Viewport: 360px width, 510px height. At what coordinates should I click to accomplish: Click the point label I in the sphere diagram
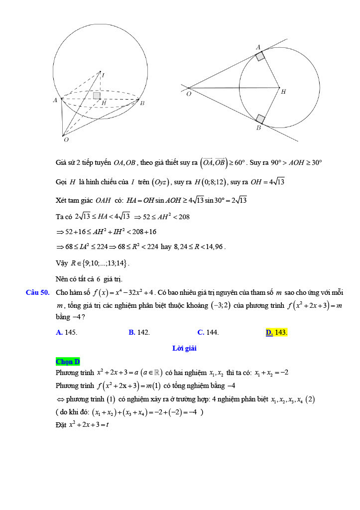[103, 75]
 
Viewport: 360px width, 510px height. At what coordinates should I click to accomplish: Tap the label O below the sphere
[66, 140]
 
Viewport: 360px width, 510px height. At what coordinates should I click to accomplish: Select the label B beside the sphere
[142, 103]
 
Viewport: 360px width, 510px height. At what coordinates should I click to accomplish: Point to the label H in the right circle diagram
[283, 91]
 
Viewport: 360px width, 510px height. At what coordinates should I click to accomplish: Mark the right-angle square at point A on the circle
[260, 56]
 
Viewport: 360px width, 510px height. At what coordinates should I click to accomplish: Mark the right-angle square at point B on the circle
[260, 119]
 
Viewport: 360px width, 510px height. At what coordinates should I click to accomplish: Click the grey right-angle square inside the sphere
[97, 95]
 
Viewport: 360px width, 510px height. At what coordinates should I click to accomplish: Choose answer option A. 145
[67, 332]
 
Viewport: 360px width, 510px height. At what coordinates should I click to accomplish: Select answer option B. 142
[139, 332]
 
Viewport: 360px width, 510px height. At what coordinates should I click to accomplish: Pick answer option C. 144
[208, 332]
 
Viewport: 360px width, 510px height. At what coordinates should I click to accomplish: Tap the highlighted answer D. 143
[276, 332]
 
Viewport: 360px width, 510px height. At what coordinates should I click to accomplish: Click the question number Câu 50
[37, 292]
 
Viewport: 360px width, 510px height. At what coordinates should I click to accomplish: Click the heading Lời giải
[184, 349]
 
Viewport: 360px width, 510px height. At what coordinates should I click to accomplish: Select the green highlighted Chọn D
[68, 362]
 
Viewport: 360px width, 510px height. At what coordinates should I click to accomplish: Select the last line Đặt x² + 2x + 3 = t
[82, 424]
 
